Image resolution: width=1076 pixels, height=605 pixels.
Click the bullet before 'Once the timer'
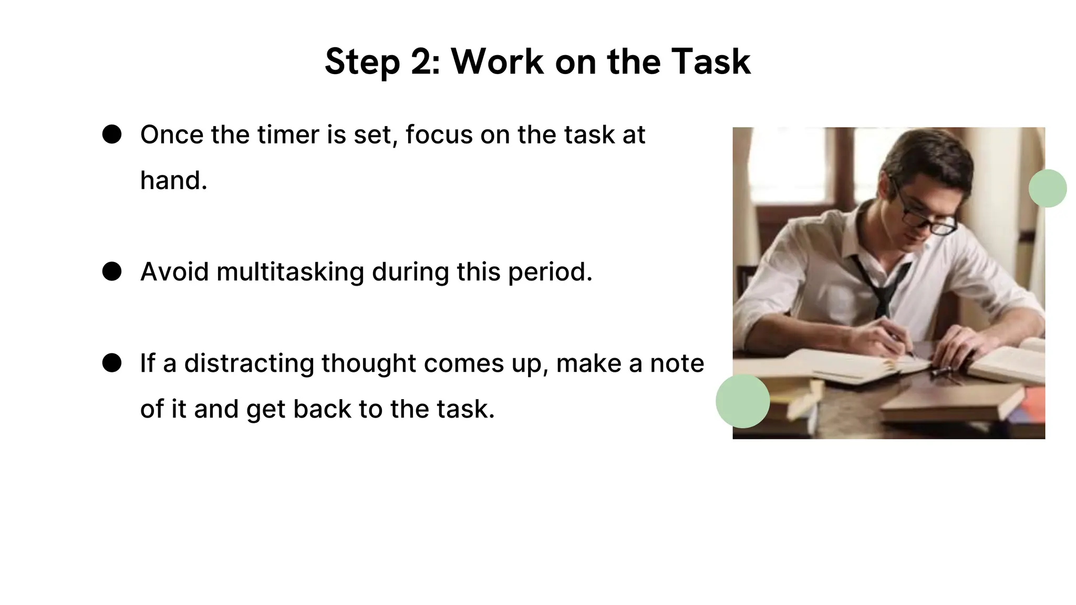pyautogui.click(x=112, y=134)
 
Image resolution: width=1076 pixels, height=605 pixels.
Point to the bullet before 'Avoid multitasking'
pyautogui.click(x=112, y=272)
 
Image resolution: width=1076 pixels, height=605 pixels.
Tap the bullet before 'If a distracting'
pyautogui.click(x=112, y=363)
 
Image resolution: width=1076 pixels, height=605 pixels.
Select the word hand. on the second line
pyautogui.click(x=173, y=181)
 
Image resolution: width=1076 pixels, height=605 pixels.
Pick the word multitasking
pyautogui.click(x=290, y=272)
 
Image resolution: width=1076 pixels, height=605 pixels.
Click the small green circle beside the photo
pyautogui.click(x=1047, y=188)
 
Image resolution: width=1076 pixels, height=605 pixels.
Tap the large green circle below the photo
pyautogui.click(x=742, y=401)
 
